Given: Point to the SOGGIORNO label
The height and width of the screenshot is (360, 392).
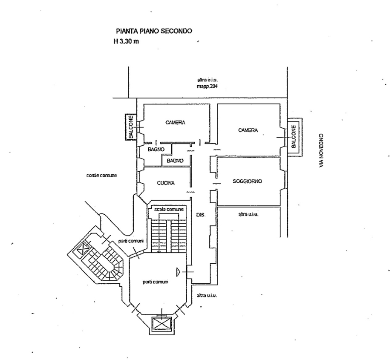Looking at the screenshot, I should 247,181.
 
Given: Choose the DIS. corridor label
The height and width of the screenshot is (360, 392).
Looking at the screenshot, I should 201,216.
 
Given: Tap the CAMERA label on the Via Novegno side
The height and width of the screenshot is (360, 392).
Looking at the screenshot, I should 248,130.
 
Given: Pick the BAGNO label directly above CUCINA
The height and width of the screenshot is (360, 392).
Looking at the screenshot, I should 175,161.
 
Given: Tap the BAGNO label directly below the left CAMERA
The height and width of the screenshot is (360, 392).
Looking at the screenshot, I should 156,150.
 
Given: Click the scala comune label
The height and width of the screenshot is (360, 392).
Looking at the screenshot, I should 169,210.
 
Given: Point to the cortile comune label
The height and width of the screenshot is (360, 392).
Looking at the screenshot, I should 101,175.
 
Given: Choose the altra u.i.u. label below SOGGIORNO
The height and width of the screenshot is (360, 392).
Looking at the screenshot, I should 248,214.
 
